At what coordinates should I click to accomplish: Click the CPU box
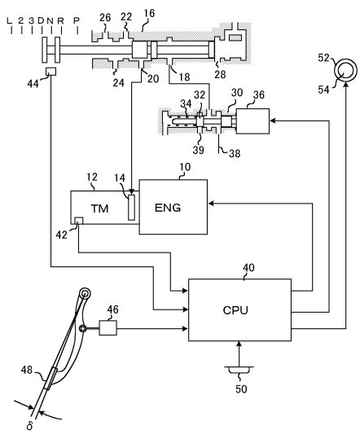pos(240,309)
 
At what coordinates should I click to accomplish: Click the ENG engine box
pos(173,207)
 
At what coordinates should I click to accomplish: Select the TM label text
pos(99,209)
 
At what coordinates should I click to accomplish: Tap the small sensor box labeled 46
pos(108,328)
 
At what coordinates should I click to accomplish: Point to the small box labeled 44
pos(50,72)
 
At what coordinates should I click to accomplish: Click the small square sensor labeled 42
pos(79,221)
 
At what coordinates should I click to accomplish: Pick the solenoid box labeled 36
pos(252,121)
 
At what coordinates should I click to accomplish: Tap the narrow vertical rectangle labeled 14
pos(131,208)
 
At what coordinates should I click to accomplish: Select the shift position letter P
pos(77,20)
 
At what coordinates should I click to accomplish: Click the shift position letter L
pos(10,20)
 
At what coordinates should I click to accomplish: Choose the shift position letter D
pos(41,20)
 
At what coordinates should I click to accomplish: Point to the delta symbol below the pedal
pos(29,426)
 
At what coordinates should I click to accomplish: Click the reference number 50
pos(241,389)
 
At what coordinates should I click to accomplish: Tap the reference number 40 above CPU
pos(248,268)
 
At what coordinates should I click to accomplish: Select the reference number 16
pos(149,13)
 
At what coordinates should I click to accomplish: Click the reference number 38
pos(235,153)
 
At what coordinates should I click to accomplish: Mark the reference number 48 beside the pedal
pos(27,370)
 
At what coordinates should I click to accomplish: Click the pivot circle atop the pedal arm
pos(85,294)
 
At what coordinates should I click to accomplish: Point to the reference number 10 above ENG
pos(185,167)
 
